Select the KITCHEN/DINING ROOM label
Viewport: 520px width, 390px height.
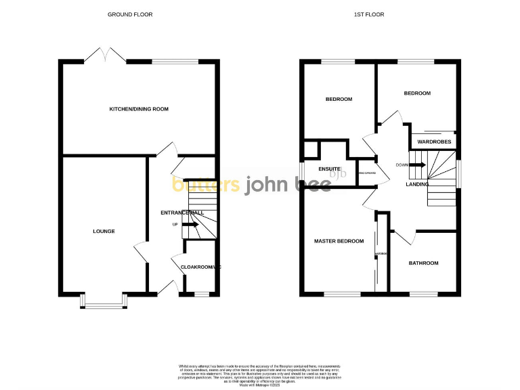pyautogui.click(x=139, y=109)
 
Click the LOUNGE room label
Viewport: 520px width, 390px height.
pyautogui.click(x=104, y=232)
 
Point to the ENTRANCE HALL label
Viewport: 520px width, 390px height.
pyautogui.click(x=182, y=213)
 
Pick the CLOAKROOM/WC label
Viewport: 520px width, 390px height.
pyautogui.click(x=200, y=267)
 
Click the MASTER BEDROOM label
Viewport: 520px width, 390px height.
pyautogui.click(x=339, y=241)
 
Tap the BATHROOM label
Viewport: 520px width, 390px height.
pyautogui.click(x=423, y=263)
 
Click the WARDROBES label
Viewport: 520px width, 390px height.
pyautogui.click(x=433, y=142)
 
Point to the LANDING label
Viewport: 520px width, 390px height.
pyautogui.click(x=417, y=184)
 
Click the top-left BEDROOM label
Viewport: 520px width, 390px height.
pyautogui.click(x=339, y=100)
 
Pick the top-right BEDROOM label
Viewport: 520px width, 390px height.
pyautogui.click(x=417, y=93)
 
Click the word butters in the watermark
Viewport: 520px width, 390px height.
pyautogui.click(x=206, y=185)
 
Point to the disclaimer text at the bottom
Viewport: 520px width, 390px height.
pyautogui.click(x=260, y=374)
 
